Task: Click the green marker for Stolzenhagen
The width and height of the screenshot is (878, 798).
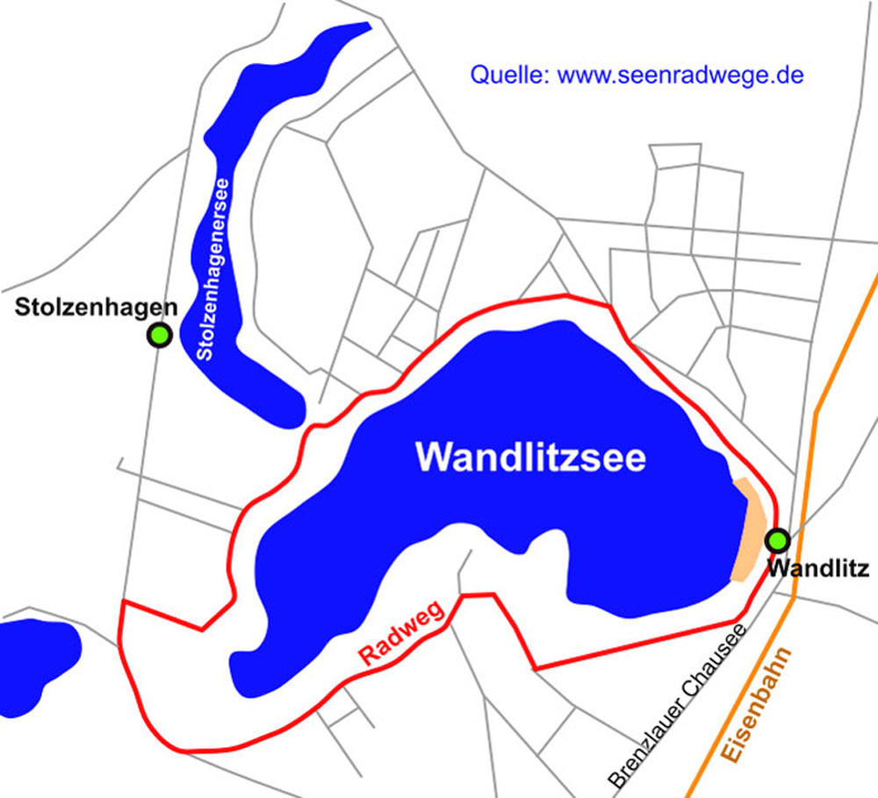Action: [x=159, y=334]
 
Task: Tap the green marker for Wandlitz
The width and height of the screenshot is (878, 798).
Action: [x=777, y=539]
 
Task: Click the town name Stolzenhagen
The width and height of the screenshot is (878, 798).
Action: [x=97, y=307]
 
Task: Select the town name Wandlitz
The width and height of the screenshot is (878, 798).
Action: [x=817, y=569]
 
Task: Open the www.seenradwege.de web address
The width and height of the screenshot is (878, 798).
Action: [x=680, y=75]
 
